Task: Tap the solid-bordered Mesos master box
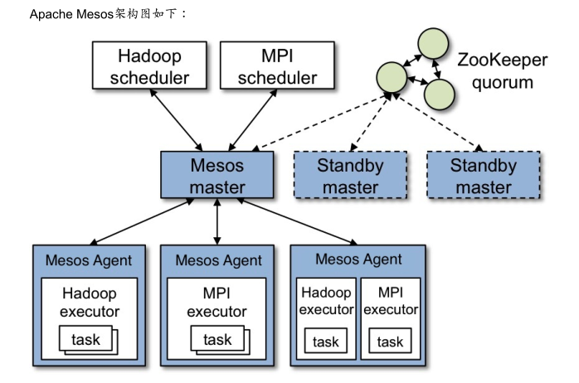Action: pos(217,176)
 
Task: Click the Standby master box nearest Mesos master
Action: pos(350,176)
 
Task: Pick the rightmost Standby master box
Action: pos(484,176)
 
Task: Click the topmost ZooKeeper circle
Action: pos(433,43)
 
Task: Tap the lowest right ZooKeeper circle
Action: pos(440,95)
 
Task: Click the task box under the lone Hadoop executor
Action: pos(85,340)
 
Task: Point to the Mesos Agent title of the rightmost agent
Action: pos(358,259)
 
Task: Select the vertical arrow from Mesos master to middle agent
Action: pos(217,221)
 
